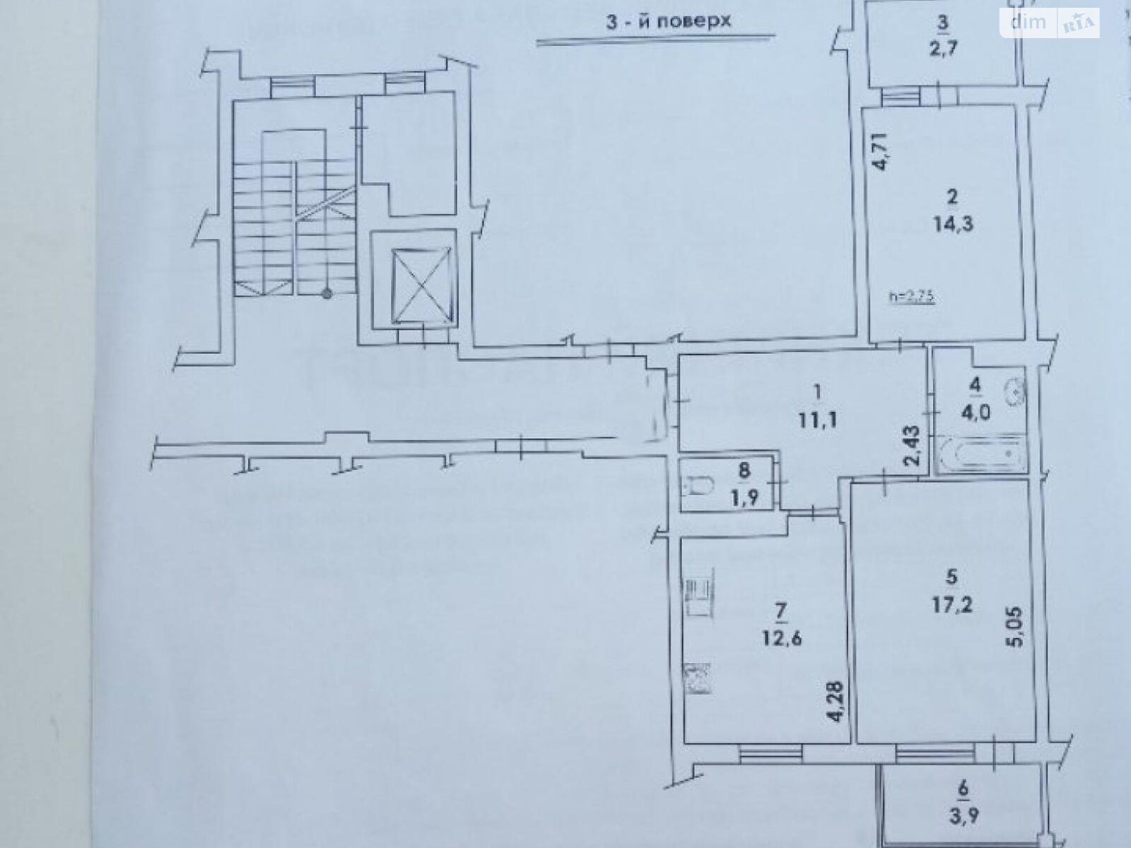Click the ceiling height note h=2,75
coord(911,298)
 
